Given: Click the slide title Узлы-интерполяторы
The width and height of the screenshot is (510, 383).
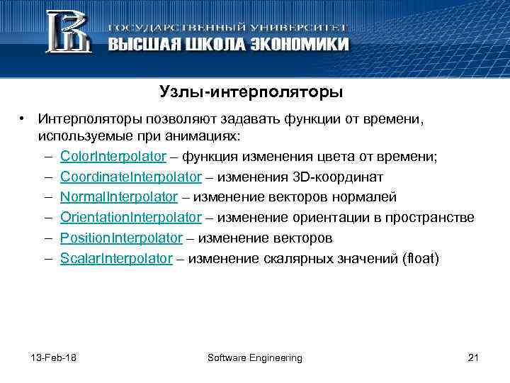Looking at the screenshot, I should (251, 92).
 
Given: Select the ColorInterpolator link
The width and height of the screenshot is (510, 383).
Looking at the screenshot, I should (113, 156).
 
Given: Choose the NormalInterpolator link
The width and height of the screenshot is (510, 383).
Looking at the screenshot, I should (118, 197).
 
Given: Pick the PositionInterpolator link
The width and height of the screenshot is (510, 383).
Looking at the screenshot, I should (121, 238).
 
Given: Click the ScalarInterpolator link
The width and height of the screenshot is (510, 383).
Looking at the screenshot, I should (116, 259).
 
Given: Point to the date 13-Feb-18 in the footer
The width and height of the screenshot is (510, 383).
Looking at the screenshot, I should (55, 357).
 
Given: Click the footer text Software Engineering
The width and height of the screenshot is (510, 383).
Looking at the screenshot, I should (254, 357).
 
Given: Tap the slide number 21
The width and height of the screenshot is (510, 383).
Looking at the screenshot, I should (474, 357).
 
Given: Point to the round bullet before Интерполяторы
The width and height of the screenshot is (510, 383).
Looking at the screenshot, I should (23, 118).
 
